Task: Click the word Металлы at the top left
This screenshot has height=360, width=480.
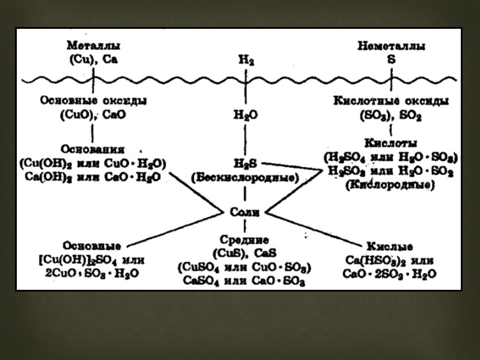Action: pyautogui.click(x=93, y=46)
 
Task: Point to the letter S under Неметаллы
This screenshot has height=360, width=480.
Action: pyautogui.click(x=391, y=59)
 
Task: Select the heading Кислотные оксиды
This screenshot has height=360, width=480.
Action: pyautogui.click(x=391, y=101)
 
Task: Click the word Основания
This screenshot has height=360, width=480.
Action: pyautogui.click(x=92, y=148)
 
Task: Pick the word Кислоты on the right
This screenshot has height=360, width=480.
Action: pyautogui.click(x=391, y=145)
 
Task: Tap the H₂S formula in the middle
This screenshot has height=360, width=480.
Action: pyautogui.click(x=245, y=163)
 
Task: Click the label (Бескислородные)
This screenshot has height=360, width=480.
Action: pyautogui.click(x=244, y=178)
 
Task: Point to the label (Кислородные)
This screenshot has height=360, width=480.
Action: pyautogui.click(x=391, y=185)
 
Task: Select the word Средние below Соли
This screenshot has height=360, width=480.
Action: pyautogui.click(x=244, y=239)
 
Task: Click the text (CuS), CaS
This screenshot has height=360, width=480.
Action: pyautogui.click(x=244, y=252)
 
